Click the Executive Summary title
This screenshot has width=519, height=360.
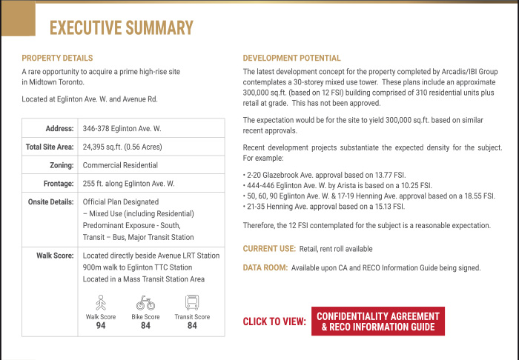pos(121,28)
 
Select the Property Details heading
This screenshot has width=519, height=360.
pos(57,59)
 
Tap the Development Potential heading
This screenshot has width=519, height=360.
pos(292,59)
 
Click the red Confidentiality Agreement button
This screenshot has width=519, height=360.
pos(377,321)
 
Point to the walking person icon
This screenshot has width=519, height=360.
pos(101,303)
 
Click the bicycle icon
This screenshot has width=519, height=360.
pos(145,303)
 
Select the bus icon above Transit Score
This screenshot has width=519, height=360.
pos(192,303)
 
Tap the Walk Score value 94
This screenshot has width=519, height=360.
pos(101,325)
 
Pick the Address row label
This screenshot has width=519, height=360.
pos(59,129)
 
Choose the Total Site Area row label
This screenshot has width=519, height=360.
pos(50,147)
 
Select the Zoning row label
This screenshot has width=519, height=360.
pos(60,165)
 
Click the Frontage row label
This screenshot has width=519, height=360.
pos(57,183)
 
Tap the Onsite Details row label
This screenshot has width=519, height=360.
pos(51,201)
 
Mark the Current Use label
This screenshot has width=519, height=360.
pos(269,249)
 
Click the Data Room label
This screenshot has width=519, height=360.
pos(265,267)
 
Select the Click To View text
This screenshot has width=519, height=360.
pos(274,322)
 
